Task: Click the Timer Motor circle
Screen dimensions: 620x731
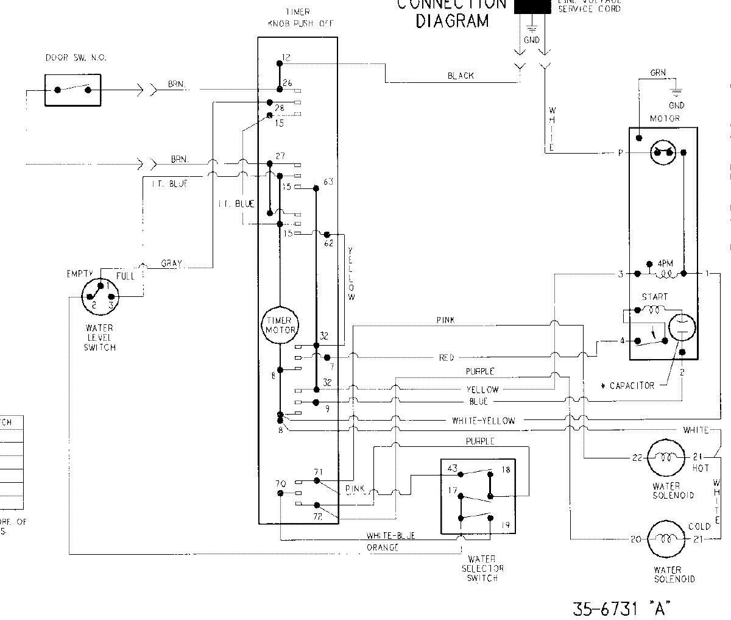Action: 279,325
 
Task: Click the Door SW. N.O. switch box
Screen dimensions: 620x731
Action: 72,90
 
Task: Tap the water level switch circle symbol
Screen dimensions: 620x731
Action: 100,297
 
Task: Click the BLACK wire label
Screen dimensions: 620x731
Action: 461,76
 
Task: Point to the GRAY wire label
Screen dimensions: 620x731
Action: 173,264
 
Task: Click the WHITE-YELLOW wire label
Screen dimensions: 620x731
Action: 483,421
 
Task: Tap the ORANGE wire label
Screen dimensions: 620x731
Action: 383,547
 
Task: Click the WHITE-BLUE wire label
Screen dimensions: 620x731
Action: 390,536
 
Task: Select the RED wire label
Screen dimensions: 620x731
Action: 447,358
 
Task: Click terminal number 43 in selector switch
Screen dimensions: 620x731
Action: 453,468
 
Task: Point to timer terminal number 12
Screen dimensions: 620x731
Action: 287,57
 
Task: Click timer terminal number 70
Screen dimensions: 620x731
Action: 272,484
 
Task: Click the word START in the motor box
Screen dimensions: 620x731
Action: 654,297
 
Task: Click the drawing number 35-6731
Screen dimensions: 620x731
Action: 604,608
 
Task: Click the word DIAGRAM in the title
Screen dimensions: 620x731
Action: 452,21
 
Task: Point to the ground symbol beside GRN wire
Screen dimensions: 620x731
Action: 676,93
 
